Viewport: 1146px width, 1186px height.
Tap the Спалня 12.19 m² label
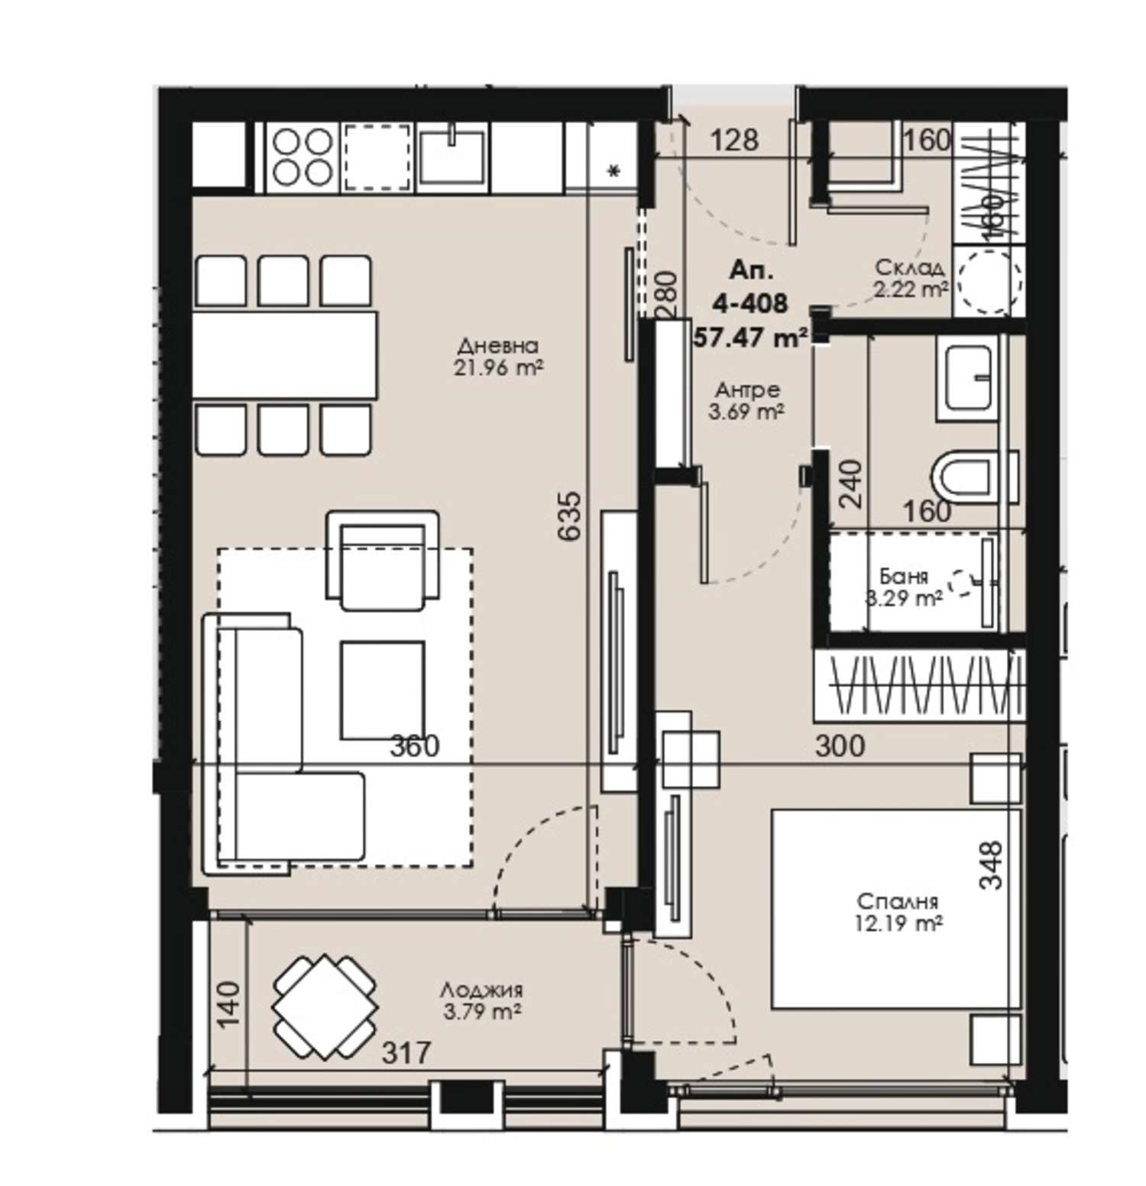tap(898, 912)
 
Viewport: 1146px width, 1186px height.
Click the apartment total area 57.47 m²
tap(751, 337)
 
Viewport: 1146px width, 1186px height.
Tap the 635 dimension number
tap(571, 517)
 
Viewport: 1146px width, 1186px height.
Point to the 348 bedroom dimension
tap(991, 865)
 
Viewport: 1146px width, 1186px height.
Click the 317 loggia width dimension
tap(406, 1054)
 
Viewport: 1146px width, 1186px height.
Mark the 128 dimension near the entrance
tap(734, 141)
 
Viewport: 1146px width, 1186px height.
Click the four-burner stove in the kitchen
tap(303, 157)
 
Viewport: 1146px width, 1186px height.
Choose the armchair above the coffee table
tap(382, 560)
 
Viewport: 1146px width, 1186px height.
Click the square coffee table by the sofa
tap(382, 690)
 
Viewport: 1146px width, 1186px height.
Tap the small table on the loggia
tap(325, 1007)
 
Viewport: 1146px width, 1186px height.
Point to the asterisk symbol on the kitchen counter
tap(613, 171)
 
